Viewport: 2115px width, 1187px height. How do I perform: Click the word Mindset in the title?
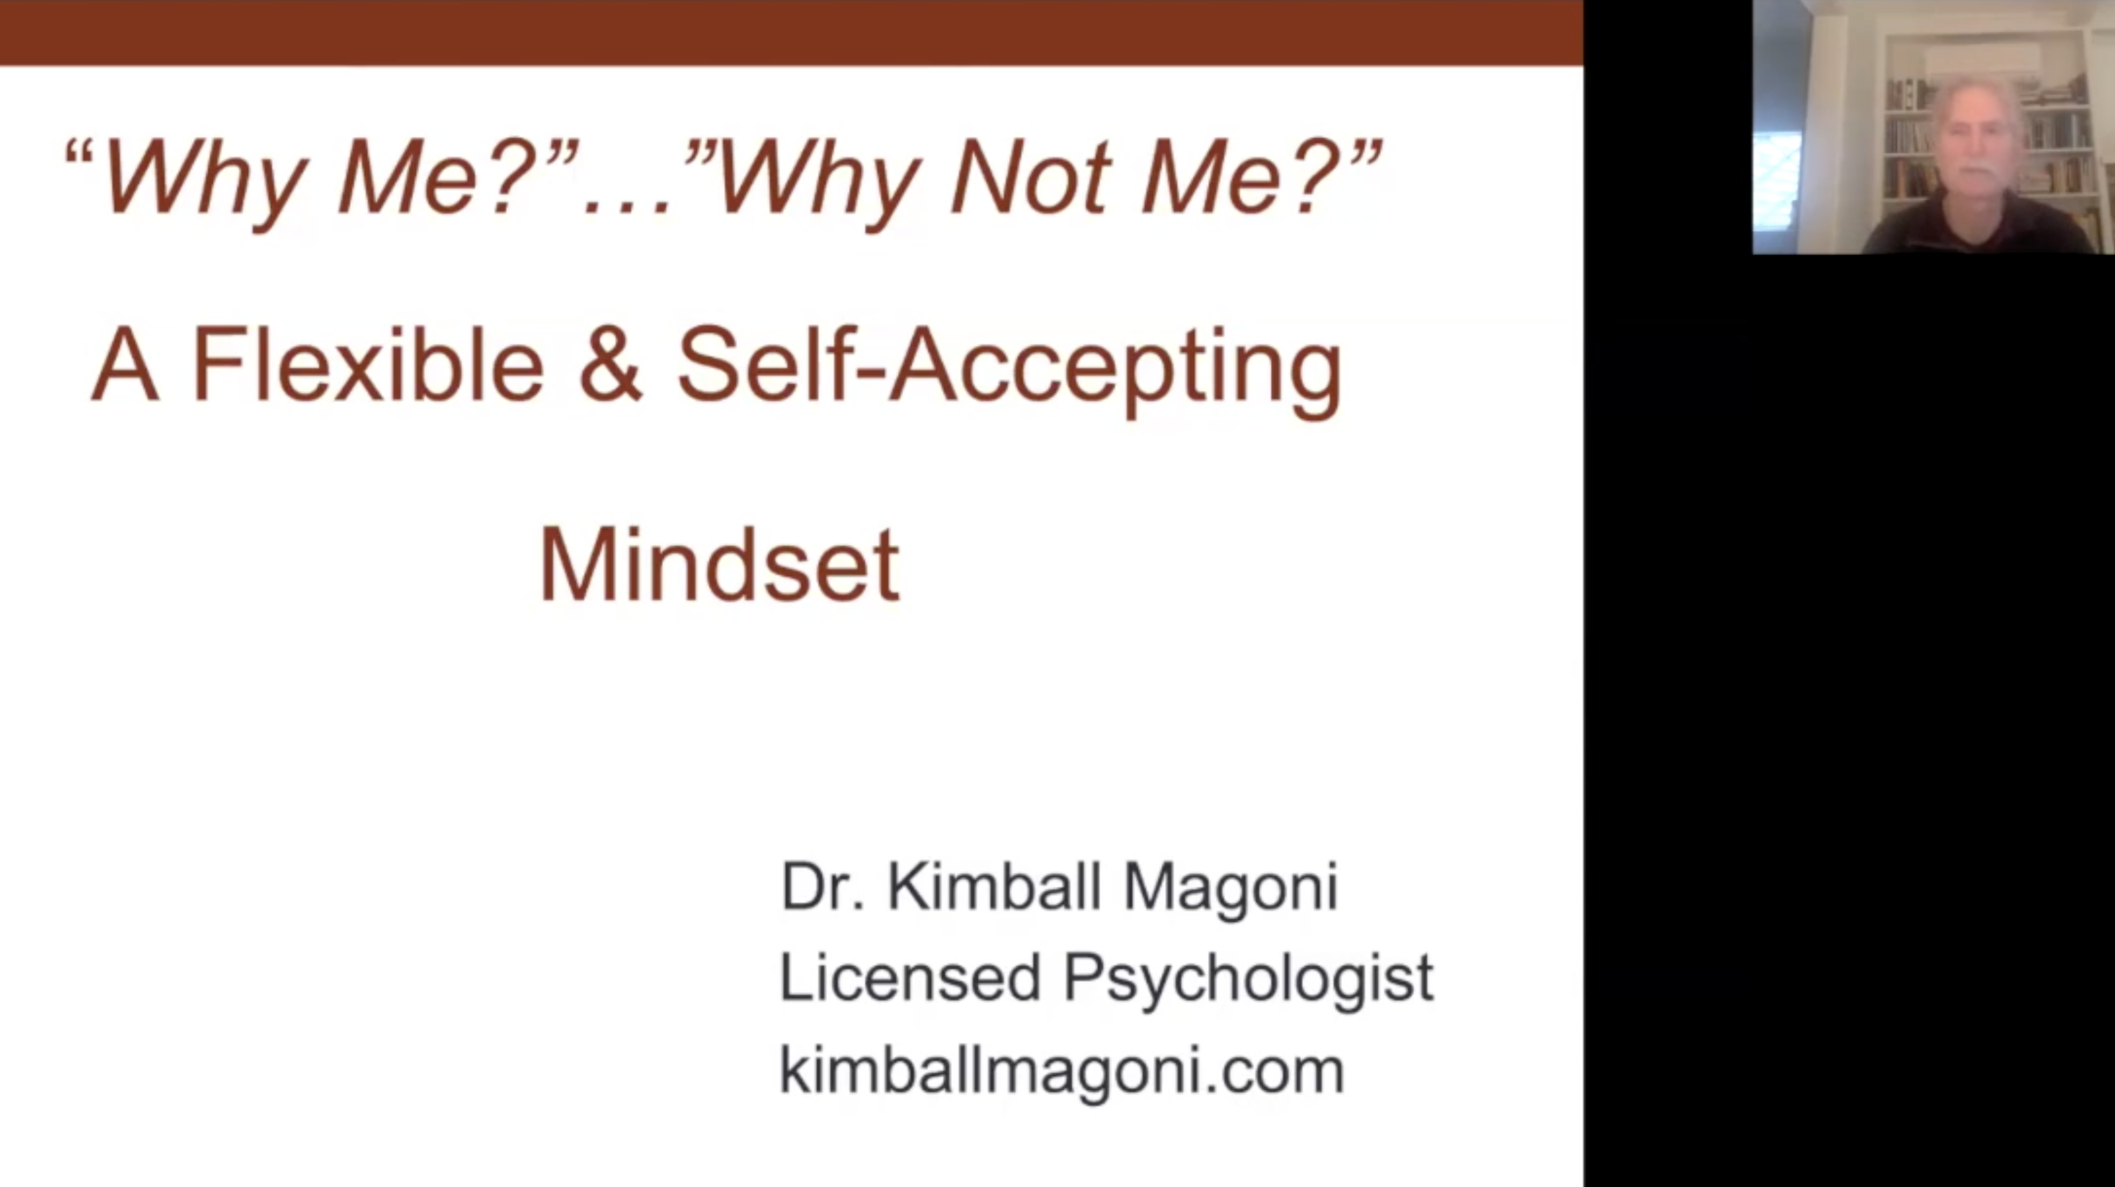tap(719, 565)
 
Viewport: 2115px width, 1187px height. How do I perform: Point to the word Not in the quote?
tap(1030, 177)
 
